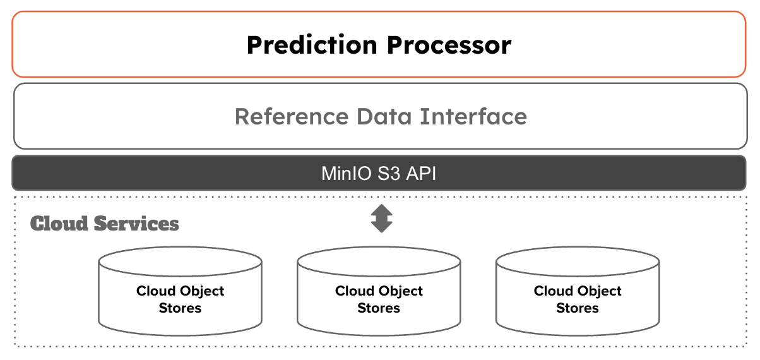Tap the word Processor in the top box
click(449, 45)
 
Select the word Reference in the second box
click(291, 117)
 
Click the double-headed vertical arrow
click(381, 219)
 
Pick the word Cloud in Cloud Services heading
click(60, 224)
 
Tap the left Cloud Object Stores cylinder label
click(181, 299)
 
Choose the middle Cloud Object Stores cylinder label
click(379, 299)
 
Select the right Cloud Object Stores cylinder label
click(578, 299)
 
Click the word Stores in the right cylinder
click(578, 308)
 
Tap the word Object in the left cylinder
click(202, 291)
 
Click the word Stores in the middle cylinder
click(379, 308)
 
